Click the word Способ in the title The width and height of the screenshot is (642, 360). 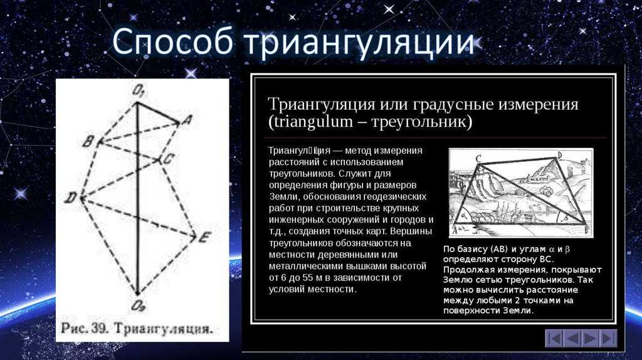[172, 42]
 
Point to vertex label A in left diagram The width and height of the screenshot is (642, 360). [187, 120]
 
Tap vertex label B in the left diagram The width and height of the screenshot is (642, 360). [88, 142]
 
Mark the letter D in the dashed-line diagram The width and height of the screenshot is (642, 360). [70, 198]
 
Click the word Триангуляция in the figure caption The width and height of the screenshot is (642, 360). [163, 329]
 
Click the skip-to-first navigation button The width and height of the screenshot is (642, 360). [554, 339]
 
